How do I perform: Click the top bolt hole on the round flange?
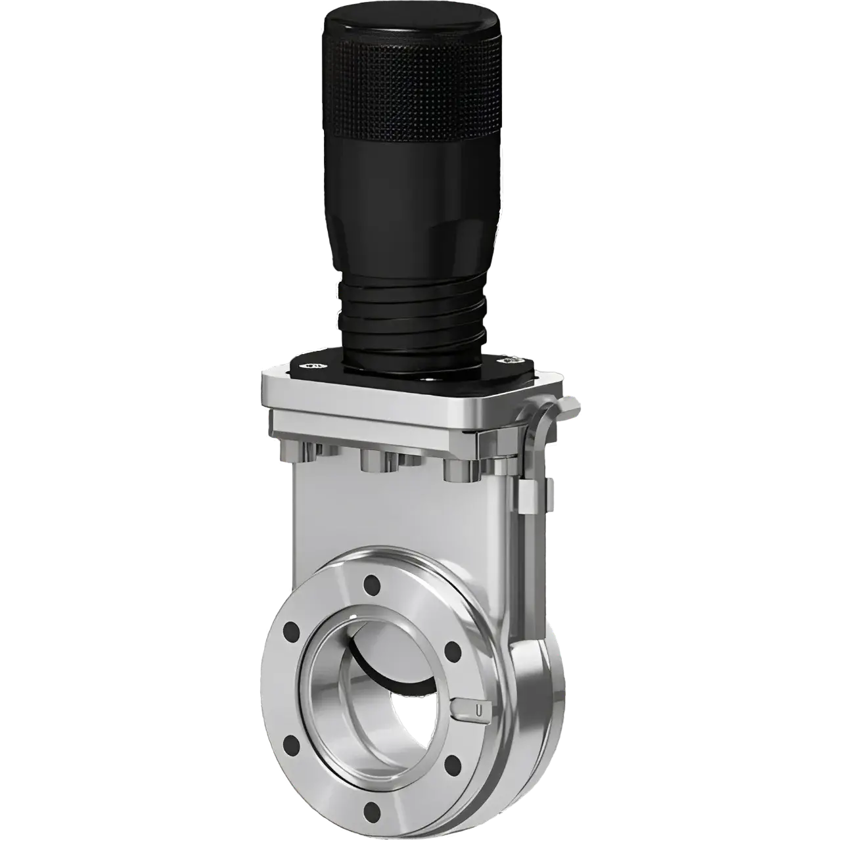coord(373,581)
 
